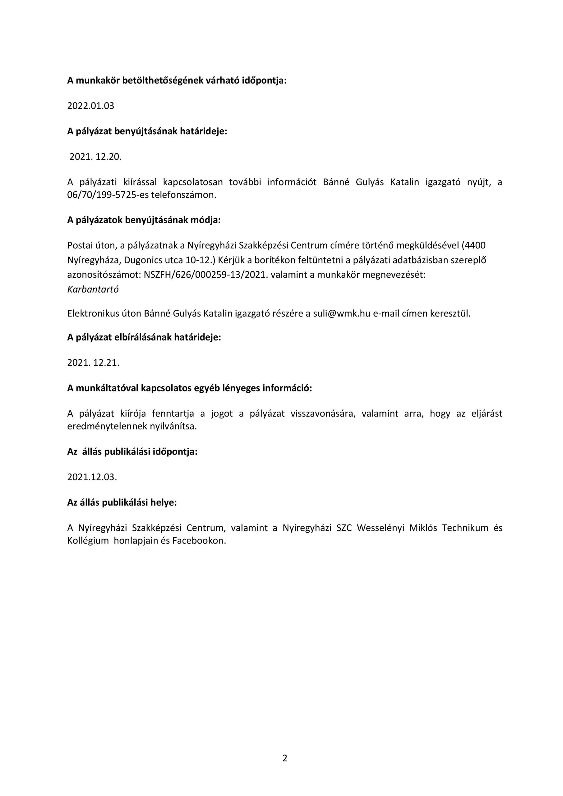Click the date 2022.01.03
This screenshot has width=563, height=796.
pos(90,106)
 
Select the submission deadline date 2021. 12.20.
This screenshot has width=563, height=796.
pos(96,157)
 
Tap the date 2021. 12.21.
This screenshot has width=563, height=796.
pos(93,363)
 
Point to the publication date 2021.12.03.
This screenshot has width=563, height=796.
pos(92,477)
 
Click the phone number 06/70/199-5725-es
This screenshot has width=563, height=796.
pos(108,195)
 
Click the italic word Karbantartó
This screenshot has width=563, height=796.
pos(93,289)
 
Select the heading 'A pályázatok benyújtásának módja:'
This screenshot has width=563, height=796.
pos(144,220)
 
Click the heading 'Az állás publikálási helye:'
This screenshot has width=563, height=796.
pos(122,503)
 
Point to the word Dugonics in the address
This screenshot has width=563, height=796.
pos(144,260)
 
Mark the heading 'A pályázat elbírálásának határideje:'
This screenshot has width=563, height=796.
pos(144,338)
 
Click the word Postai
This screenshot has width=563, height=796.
pos(79,245)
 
